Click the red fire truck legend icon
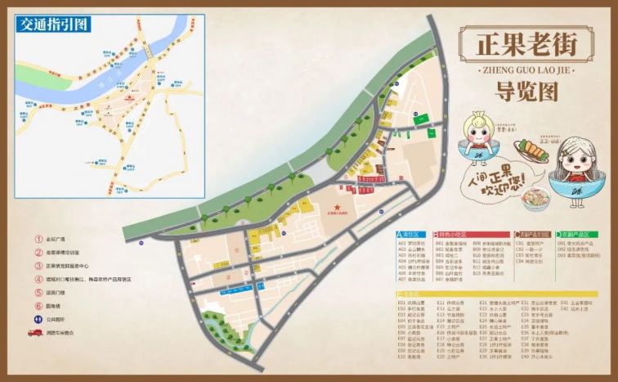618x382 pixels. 36,333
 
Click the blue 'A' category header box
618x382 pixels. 401,234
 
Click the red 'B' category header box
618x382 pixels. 438,234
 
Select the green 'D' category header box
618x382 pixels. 560,234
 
